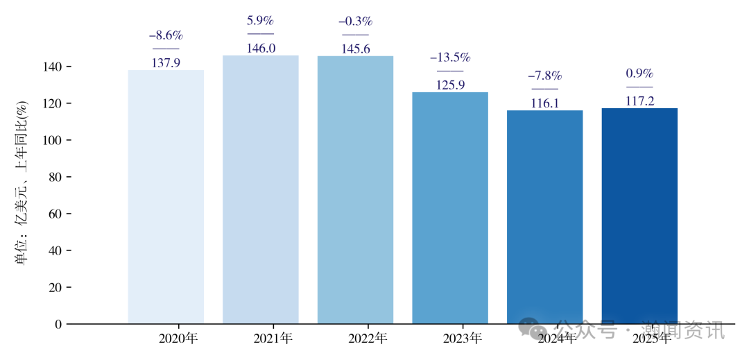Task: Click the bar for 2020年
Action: click(x=166, y=197)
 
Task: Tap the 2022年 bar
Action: click(x=355, y=190)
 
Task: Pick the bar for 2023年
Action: click(x=450, y=208)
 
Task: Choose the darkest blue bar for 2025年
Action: click(x=639, y=216)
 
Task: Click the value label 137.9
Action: click(x=166, y=62)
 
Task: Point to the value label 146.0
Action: click(x=261, y=48)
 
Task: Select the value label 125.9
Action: click(x=450, y=85)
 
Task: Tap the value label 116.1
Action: click(x=545, y=103)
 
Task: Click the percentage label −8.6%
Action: click(x=166, y=35)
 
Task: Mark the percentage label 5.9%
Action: click(x=261, y=21)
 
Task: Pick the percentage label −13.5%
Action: click(x=450, y=58)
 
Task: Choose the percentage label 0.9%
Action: click(x=639, y=74)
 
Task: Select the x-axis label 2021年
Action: click(x=273, y=338)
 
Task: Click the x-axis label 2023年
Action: click(x=462, y=338)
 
